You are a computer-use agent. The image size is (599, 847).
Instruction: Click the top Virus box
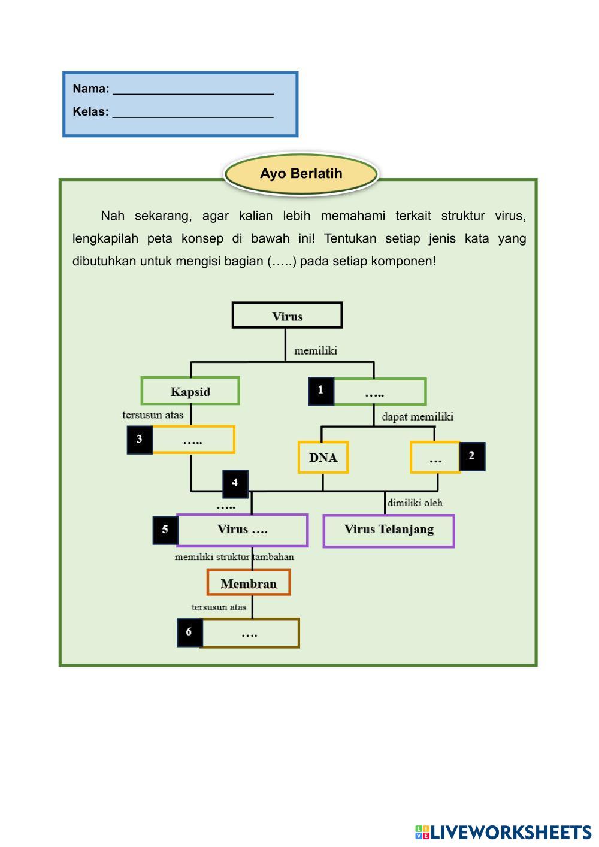pos(287,315)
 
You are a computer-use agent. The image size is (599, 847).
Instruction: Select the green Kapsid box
pos(190,391)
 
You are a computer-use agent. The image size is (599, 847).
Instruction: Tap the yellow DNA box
pos(323,457)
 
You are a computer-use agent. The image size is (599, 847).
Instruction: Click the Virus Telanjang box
pos(389,531)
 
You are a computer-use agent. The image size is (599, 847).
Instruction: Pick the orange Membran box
pos(249,582)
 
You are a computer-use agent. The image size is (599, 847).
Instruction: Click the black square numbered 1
pos(321,391)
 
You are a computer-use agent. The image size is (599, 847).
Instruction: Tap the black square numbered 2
pos(472,456)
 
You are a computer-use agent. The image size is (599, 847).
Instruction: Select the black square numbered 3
pos(140,440)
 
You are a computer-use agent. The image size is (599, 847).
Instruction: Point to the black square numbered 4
pos(235,483)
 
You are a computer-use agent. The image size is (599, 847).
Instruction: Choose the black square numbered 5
pos(165,530)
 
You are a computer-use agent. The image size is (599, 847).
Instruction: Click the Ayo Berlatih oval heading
pos(301,174)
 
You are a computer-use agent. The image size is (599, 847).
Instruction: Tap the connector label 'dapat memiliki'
pos(418,417)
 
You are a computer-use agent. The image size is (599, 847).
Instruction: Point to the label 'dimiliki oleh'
pos(415,503)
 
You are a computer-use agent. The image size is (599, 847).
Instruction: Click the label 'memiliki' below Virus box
pos(316,351)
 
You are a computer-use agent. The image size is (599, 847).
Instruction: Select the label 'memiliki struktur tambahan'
pos(234,556)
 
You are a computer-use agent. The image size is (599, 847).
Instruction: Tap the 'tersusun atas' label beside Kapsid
pos(153,415)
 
